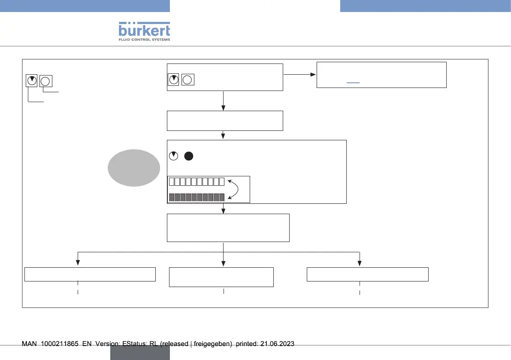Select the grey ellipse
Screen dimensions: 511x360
[x=132, y=168]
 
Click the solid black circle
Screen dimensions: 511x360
[x=189, y=156]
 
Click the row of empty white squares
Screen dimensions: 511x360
[x=197, y=182]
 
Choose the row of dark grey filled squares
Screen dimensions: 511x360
[x=197, y=197]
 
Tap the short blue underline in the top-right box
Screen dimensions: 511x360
[x=353, y=82]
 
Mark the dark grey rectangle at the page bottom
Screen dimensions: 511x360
[x=140, y=353]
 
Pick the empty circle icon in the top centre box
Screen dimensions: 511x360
[x=188, y=79]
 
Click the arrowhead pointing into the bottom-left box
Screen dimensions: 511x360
[x=78, y=264]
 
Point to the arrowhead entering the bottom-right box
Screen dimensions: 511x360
[x=360, y=264]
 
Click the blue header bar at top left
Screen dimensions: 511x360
[x=85, y=6]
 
